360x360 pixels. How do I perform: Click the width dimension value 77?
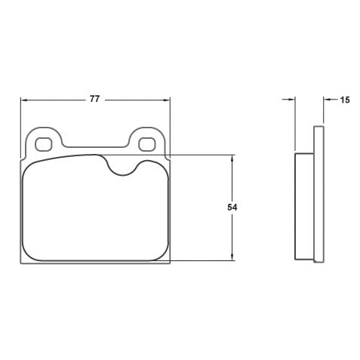94,99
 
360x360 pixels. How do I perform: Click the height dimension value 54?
232,207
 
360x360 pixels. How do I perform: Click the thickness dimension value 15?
344,99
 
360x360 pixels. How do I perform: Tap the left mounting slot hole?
43,143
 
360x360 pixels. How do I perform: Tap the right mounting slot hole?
147,143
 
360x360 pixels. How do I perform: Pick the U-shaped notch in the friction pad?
122,167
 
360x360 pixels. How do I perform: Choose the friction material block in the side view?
303,205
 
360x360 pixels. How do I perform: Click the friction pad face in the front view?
94,215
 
